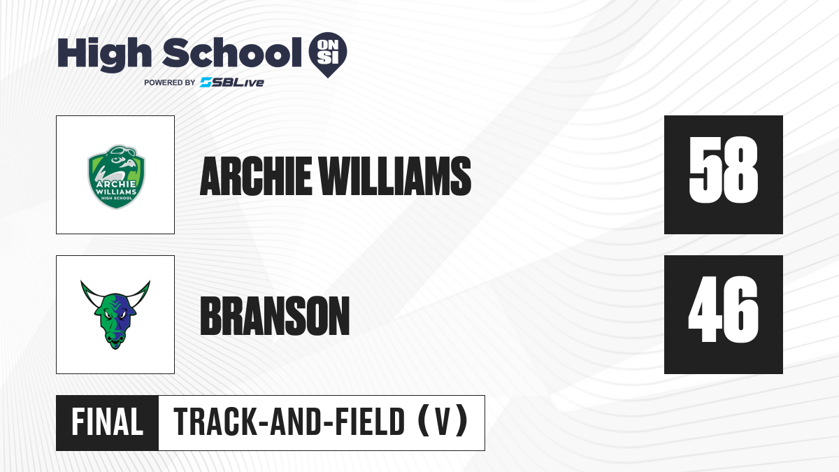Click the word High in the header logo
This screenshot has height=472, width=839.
click(104, 54)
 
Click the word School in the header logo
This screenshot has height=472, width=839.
click(232, 52)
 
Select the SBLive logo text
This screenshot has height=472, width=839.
click(232, 83)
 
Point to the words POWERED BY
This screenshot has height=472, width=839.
click(170, 83)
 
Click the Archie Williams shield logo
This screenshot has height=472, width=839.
click(116, 177)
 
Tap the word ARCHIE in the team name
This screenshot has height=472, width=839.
click(256, 176)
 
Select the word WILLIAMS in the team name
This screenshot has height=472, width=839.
click(395, 176)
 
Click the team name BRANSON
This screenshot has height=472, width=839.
click(275, 315)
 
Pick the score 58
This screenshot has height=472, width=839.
click(723, 170)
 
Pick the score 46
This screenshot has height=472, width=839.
click(723, 309)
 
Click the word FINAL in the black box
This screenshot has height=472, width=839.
click(108, 422)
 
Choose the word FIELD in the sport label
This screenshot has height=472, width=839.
click(369, 422)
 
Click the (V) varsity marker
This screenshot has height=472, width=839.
click(443, 422)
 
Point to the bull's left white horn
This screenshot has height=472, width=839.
click(90, 295)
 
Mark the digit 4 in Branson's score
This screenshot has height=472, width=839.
click(705, 309)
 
